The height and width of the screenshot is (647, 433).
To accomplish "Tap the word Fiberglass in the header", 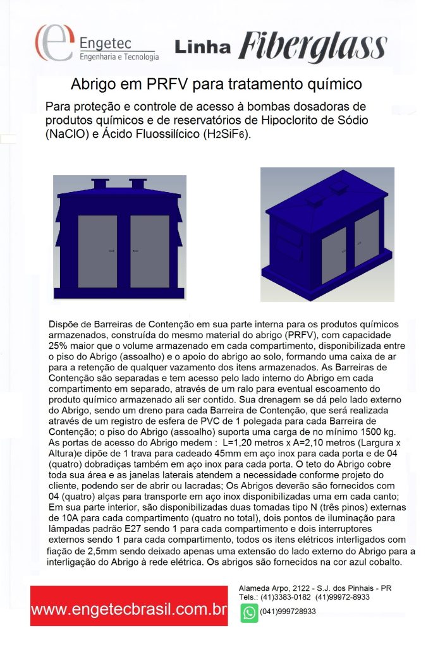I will tap(313, 45).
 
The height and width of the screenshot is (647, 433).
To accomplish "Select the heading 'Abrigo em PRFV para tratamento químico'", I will tap(216, 84).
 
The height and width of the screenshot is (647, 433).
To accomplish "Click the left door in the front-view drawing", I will tap(97, 251).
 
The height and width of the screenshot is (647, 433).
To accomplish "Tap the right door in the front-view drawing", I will tap(149, 251).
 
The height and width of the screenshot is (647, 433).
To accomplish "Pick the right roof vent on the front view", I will tap(137, 184).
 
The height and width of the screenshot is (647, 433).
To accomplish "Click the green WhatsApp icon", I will tap(249, 613).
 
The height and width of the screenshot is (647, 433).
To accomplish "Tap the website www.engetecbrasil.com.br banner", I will tap(129, 610).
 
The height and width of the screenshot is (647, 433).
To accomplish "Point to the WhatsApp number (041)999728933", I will tap(288, 612).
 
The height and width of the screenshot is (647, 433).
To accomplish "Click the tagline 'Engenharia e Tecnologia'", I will tap(118, 57).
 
